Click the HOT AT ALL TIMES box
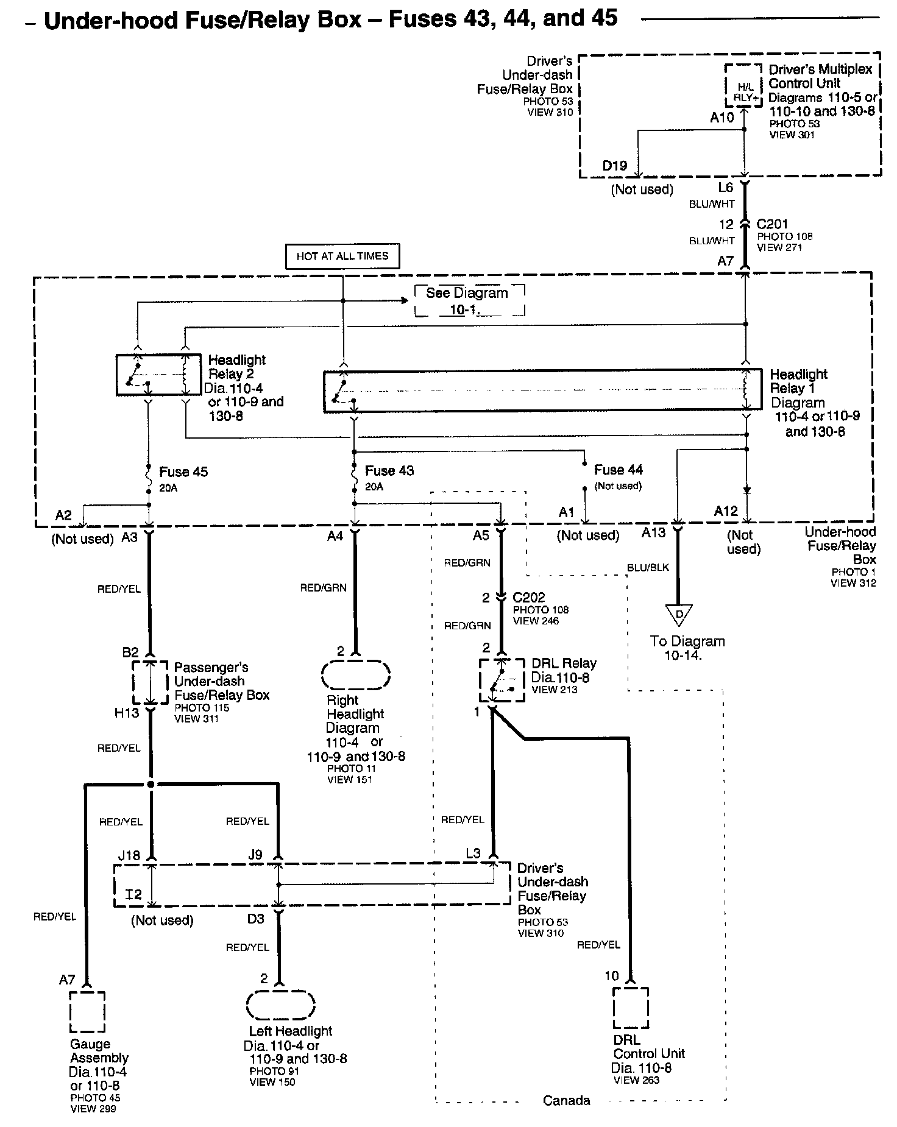click(x=342, y=256)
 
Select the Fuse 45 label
click(x=183, y=472)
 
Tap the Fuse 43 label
click(x=389, y=470)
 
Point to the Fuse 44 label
click(x=619, y=470)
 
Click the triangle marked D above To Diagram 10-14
click(x=678, y=614)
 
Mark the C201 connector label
click(x=772, y=224)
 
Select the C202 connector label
click(x=529, y=598)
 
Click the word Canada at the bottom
click(x=567, y=1100)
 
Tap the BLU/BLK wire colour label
click(x=648, y=568)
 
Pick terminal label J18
click(x=129, y=855)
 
